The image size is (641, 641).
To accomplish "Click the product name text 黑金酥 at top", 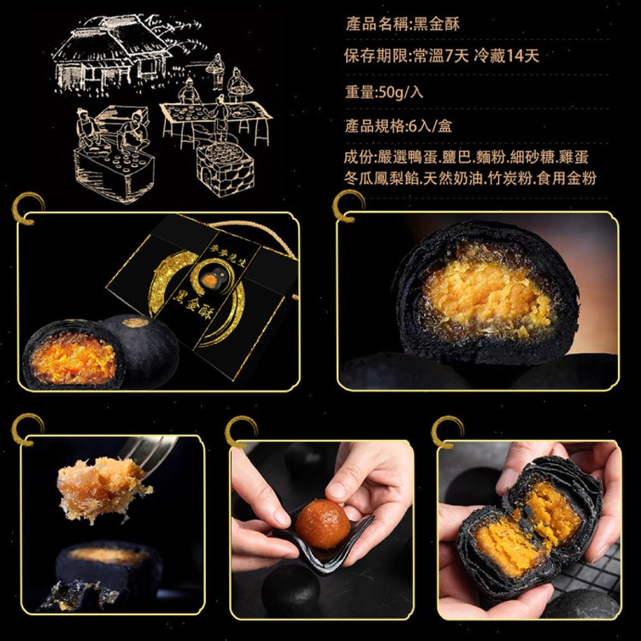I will tap(437, 24).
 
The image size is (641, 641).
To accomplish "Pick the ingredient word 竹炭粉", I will tap(498, 178).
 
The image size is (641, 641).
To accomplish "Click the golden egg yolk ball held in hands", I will tap(322, 524).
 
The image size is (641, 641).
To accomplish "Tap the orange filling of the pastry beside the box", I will tap(75, 357).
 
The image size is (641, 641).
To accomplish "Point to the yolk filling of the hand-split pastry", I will tap(521, 526).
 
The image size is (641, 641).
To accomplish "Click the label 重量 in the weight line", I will tap(358, 92).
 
